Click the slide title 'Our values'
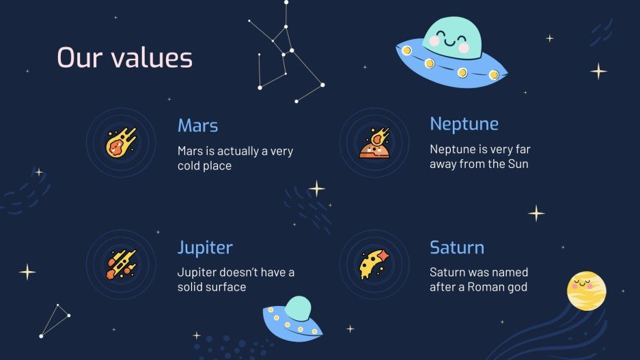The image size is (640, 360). click(x=124, y=58)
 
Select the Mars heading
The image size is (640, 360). click(x=197, y=126)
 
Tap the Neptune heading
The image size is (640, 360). click(x=464, y=124)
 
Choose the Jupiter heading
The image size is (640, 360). click(x=205, y=247)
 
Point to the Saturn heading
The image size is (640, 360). click(x=456, y=247)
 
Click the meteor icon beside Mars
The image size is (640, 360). click(x=121, y=143)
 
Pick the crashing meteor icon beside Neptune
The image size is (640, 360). click(x=374, y=143)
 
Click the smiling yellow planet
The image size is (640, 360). click(x=586, y=290)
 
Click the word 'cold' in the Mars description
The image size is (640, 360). click(x=189, y=166)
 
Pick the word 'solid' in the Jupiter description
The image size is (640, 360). click(x=191, y=288)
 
